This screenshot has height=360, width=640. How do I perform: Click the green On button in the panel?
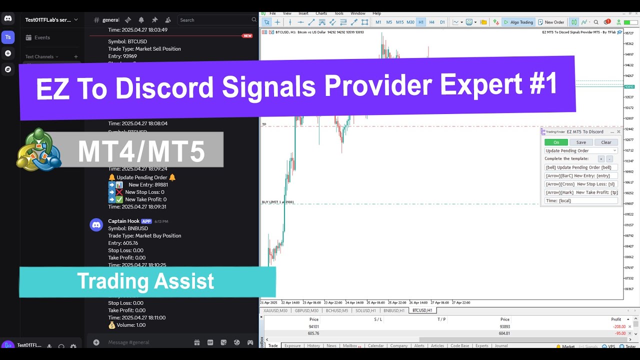556,142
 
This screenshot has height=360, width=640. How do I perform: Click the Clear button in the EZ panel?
606,142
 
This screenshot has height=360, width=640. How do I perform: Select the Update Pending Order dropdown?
581,150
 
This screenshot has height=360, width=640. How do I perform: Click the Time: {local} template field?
581,200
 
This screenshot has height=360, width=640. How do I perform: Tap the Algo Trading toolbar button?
518,22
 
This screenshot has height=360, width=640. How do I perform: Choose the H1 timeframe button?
421,22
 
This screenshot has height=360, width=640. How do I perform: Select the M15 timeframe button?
399,22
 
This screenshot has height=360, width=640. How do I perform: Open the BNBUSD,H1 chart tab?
394,310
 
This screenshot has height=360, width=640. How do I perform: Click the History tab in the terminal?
313,345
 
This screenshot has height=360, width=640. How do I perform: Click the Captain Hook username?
123,221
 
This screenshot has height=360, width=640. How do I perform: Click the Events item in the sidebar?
42,37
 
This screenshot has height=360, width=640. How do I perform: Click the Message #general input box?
145,342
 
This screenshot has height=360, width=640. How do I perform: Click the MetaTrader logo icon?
39,149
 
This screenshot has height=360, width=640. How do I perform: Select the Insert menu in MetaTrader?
303,13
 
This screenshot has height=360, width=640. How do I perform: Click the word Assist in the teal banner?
184,281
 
